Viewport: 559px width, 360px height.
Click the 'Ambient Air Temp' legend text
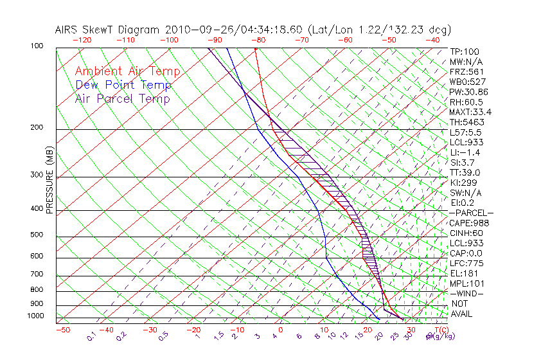coord(127,71)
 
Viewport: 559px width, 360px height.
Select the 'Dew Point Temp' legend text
coord(123,85)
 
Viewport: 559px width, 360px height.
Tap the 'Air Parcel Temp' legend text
coord(122,98)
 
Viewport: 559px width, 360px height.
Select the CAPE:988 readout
coord(468,223)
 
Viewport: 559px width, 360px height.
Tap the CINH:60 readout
coord(466,233)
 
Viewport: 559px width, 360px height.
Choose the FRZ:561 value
coord(466,71)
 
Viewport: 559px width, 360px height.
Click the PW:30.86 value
coord(468,92)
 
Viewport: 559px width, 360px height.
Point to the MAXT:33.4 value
coord(470,112)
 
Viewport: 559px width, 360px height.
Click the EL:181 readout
coord(463,273)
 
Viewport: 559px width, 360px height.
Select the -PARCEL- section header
coord(471,213)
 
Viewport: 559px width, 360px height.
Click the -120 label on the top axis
coord(82,40)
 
